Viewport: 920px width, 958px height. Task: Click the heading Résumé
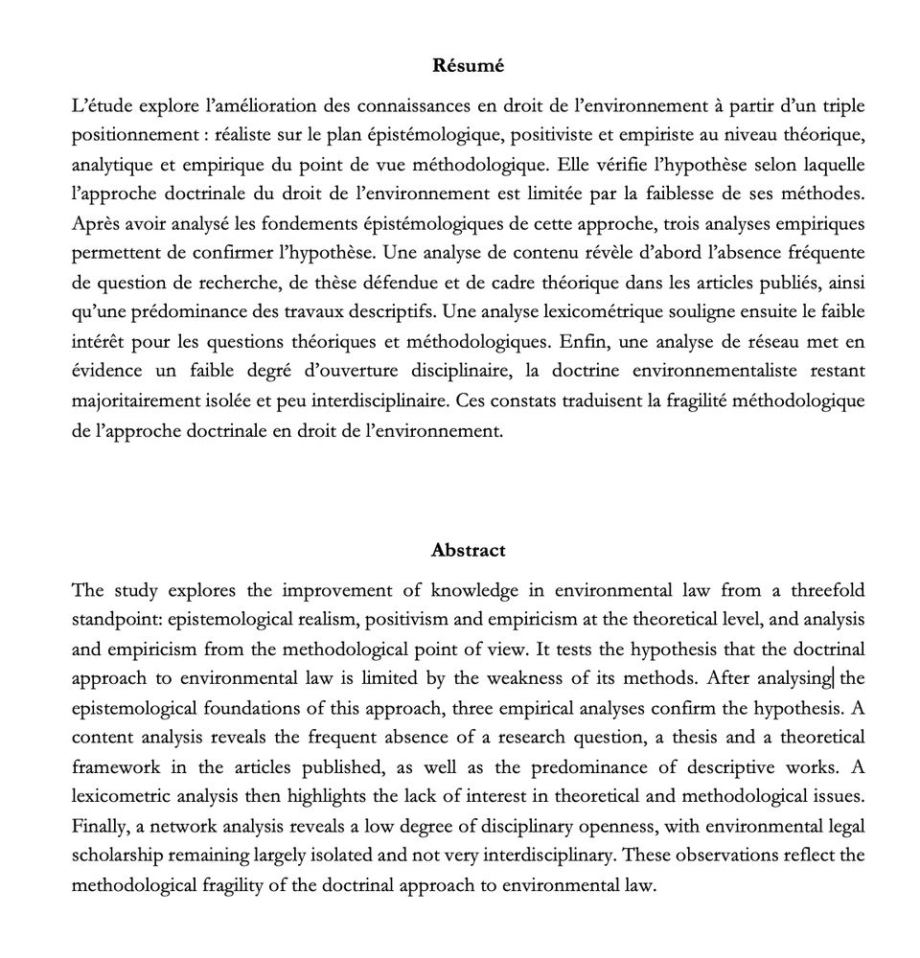coord(468,66)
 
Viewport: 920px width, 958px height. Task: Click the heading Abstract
coord(468,550)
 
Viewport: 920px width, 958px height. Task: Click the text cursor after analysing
coord(834,678)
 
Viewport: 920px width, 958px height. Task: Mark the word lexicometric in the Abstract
coord(124,797)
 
